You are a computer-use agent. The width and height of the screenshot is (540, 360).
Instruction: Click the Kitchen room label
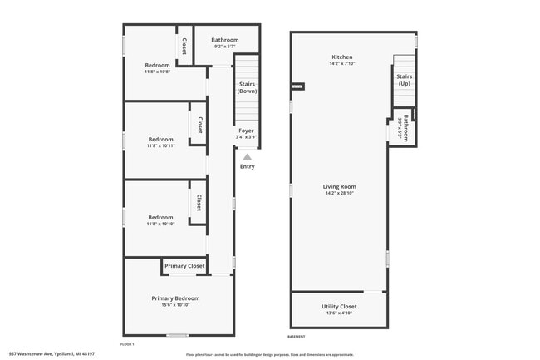341,57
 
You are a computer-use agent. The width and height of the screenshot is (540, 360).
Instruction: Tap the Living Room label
339,187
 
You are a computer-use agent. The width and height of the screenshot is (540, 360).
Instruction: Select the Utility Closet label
339,307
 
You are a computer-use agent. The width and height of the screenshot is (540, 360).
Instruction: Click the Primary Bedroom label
175,298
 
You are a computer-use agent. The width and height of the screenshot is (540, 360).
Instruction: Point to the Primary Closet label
184,266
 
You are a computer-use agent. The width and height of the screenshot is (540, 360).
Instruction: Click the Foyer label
246,131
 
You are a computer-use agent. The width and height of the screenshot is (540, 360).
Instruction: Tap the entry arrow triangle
247,155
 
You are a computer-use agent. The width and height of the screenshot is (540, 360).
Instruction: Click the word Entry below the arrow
248,166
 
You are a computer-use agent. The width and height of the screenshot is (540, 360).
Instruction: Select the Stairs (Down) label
247,87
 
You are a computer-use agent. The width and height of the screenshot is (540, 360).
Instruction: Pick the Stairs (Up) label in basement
404,80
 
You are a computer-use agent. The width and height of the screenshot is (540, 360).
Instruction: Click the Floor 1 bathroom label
224,40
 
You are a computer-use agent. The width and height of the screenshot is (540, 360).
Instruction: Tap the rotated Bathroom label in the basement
406,127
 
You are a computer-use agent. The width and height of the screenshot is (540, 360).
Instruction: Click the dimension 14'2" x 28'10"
339,194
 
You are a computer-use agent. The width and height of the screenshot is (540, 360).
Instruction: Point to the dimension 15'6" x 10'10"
175,305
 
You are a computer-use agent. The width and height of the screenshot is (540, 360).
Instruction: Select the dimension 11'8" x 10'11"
161,146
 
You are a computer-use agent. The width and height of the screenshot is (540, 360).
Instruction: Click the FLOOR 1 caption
127,344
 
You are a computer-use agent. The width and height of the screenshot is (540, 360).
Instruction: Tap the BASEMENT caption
297,337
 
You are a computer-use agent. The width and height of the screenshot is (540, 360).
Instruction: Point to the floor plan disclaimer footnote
269,354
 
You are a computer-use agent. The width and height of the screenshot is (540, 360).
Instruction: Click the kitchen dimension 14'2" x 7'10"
341,64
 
